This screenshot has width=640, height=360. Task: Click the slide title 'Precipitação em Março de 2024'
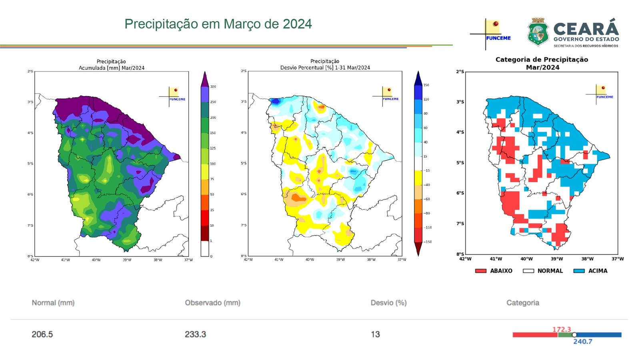click(218, 24)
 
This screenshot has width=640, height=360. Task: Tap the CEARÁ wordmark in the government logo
click(586, 29)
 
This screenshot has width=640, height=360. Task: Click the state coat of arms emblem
click(538, 32)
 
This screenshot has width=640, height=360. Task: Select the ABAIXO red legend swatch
click(480, 271)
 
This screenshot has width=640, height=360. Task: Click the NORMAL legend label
click(550, 271)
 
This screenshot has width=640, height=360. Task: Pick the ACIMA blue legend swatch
click(579, 271)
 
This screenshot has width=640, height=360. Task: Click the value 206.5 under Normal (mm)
click(42, 334)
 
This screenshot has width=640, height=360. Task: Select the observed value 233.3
click(195, 334)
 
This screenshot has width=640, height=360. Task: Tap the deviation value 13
click(375, 334)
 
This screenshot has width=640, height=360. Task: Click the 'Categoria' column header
click(522, 303)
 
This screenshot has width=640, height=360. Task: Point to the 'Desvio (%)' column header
click(388, 303)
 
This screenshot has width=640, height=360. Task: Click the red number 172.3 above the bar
click(562, 329)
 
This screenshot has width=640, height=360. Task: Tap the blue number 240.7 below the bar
click(582, 342)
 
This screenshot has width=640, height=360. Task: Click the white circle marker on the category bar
click(574, 335)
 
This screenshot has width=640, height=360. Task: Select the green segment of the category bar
click(565, 335)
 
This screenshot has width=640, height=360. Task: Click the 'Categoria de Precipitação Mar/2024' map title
click(542, 63)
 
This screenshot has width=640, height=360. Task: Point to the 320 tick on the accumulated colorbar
click(213, 87)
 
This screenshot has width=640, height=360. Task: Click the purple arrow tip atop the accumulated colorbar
click(205, 77)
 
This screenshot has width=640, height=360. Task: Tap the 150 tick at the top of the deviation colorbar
click(426, 85)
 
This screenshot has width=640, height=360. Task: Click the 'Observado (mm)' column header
click(212, 303)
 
